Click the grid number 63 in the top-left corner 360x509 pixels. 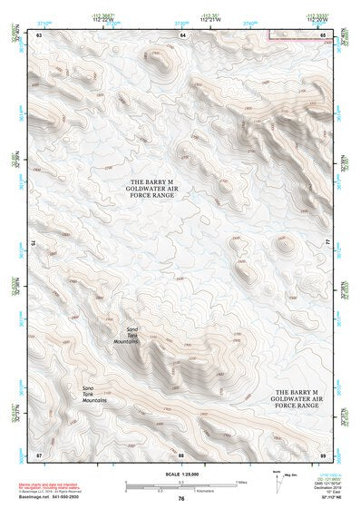point(38,34)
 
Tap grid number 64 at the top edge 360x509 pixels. point(182,34)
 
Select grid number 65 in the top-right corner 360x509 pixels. point(323,34)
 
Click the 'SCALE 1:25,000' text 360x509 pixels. point(180,474)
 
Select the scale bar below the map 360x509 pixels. point(180,484)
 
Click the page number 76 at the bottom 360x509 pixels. point(180,499)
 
